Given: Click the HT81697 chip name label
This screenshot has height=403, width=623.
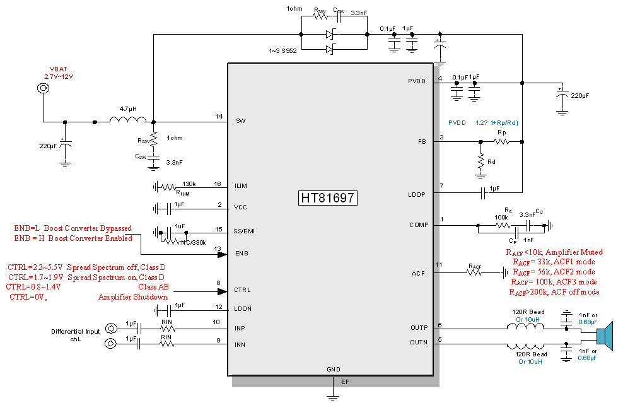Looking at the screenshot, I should [x=328, y=198].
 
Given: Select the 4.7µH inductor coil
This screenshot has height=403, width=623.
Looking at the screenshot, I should [x=128, y=119].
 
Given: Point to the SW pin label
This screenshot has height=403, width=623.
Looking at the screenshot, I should [x=240, y=120].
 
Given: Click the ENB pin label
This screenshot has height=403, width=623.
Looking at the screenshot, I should [x=242, y=253].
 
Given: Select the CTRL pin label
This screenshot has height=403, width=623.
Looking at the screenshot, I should [x=243, y=290].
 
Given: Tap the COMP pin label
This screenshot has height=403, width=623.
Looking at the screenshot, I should [x=418, y=225].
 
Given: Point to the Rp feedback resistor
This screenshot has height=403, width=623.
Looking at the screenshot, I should [x=502, y=142].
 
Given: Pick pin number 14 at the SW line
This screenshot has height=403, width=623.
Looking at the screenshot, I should [x=219, y=116].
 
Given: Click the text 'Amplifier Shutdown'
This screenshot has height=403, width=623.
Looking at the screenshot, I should [x=133, y=297].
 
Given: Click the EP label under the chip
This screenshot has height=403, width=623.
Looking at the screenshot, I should [x=345, y=382].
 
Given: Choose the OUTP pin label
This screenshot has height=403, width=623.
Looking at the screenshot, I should [x=418, y=328].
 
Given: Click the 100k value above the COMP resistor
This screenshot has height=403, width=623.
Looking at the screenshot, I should [x=501, y=218].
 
